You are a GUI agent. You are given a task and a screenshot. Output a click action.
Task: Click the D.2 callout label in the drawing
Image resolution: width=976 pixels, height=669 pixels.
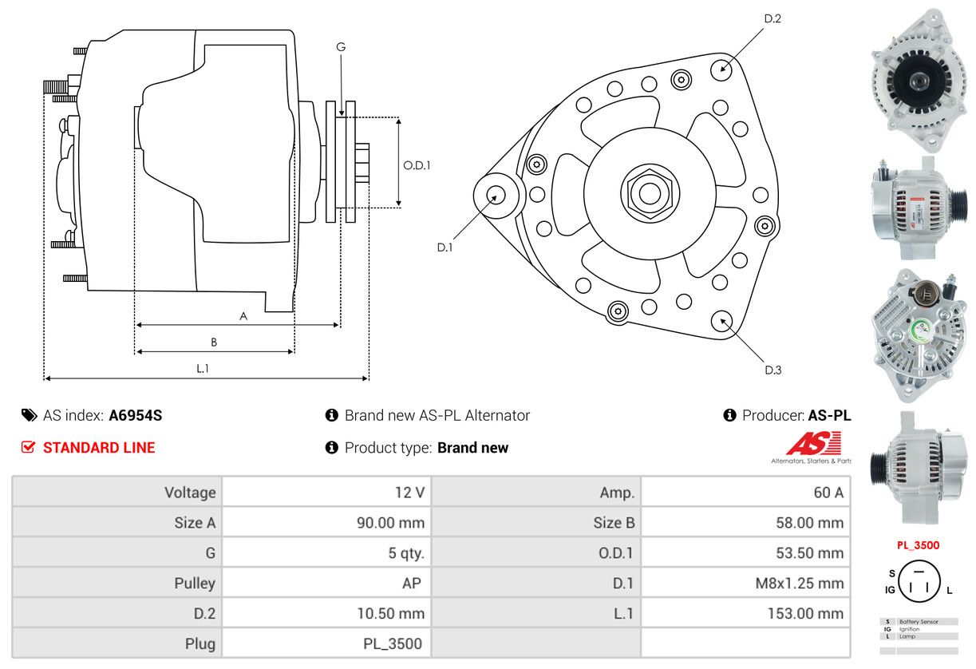(x=772, y=18)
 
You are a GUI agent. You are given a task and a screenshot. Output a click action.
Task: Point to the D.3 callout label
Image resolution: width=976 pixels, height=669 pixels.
(x=773, y=370)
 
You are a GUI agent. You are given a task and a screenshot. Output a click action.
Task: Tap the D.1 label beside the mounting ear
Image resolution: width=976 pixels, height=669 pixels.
(x=445, y=247)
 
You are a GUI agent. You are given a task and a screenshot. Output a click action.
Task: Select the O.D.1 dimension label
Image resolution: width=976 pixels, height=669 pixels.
(x=417, y=165)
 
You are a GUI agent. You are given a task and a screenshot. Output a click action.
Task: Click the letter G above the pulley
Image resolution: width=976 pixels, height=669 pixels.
(x=341, y=47)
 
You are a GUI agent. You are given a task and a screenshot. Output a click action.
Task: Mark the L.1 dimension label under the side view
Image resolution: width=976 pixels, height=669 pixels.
(x=203, y=368)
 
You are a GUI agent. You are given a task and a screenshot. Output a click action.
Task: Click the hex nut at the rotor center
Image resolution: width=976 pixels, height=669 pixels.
(x=650, y=192)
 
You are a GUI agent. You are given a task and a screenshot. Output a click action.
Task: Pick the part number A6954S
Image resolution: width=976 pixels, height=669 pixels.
(x=135, y=415)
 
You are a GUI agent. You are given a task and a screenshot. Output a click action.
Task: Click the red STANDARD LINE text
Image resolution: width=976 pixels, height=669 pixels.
(x=99, y=448)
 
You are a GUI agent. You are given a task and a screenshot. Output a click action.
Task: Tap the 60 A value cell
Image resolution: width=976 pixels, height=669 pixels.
(x=828, y=493)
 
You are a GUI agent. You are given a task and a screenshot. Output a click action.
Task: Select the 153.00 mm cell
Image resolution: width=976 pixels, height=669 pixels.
(x=807, y=613)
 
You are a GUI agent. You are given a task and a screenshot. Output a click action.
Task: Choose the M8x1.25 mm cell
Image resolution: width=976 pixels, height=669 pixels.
(x=799, y=583)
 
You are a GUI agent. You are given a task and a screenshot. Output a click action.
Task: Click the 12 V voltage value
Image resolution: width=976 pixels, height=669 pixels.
(x=409, y=493)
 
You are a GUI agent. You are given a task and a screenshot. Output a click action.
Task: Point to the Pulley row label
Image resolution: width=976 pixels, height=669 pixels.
(x=195, y=583)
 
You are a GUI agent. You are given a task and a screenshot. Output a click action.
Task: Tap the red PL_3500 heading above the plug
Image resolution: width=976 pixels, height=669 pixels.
(x=918, y=546)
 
